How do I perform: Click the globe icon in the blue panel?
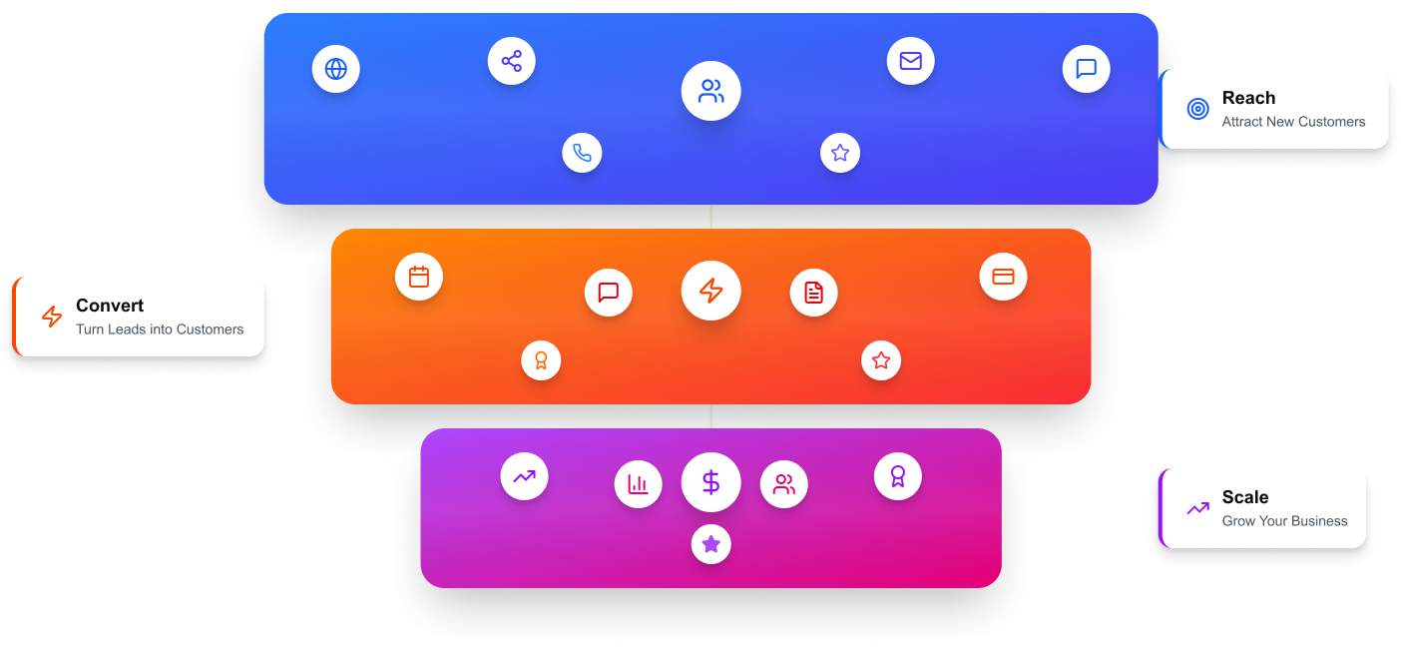[336, 69]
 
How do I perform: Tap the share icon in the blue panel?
[512, 61]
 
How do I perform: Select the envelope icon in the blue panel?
[910, 61]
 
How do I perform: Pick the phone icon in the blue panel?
[582, 153]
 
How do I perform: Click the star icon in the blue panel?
[840, 153]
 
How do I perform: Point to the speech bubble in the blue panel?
[1087, 69]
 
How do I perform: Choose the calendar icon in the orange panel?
[419, 277]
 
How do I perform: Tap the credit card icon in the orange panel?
[1003, 277]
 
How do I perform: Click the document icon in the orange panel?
[814, 293]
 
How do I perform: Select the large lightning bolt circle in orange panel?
[710, 291]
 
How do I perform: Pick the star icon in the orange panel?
[881, 360]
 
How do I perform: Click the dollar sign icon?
[710, 482]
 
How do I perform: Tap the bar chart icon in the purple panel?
[638, 485]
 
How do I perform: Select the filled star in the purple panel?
[710, 544]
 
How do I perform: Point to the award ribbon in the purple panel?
[898, 476]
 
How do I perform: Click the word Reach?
[1248, 98]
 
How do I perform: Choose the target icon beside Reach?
[1198, 109]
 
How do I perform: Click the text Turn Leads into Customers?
[160, 329]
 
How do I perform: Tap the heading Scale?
[1245, 497]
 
